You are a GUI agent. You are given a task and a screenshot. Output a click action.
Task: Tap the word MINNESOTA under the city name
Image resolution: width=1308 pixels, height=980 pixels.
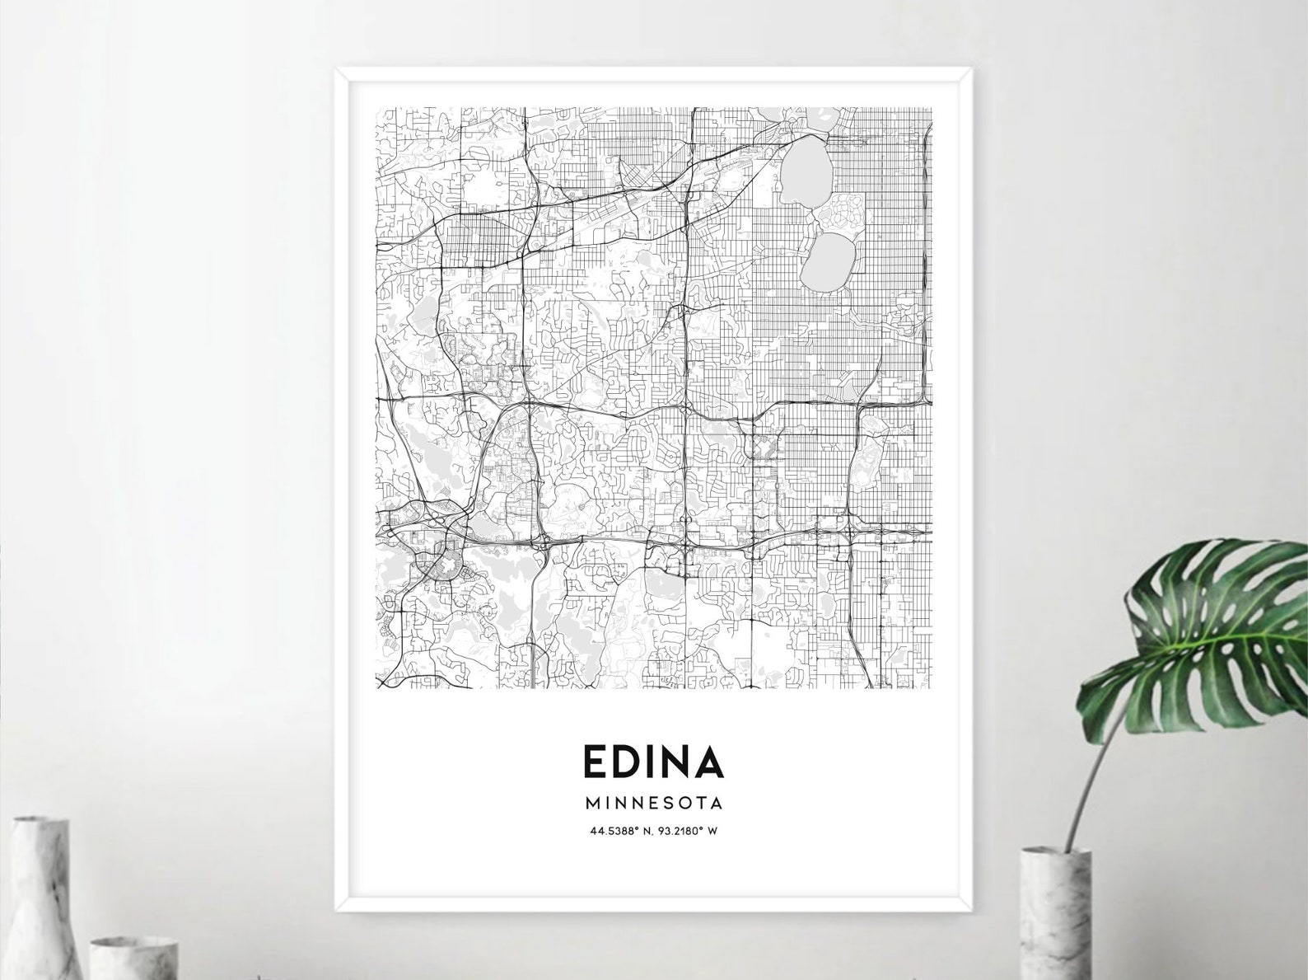point(654,802)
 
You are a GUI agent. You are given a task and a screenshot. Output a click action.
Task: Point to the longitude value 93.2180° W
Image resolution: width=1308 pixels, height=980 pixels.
point(689,831)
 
